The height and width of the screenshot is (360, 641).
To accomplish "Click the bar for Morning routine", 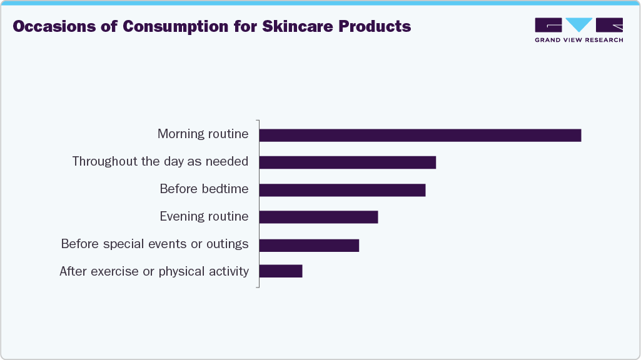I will pyautogui.click(x=420, y=135).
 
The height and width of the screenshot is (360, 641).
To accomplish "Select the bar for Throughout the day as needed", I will pyautogui.click(x=347, y=162).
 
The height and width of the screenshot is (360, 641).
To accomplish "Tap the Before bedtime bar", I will pyautogui.click(x=342, y=190).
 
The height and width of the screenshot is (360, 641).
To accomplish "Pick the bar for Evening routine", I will pyautogui.click(x=318, y=217).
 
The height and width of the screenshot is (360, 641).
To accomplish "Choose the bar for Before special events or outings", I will pyautogui.click(x=309, y=244).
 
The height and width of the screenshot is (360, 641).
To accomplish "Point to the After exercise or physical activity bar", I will pyautogui.click(x=281, y=271).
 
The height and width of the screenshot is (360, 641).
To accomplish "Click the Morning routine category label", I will pyautogui.click(x=203, y=134).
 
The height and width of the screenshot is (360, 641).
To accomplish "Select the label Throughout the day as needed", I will pyautogui.click(x=160, y=161).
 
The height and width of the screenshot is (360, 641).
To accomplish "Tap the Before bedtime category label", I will pyautogui.click(x=204, y=189).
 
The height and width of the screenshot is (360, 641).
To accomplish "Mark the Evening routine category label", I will pyautogui.click(x=204, y=216).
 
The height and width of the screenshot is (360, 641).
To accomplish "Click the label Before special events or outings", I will pyautogui.click(x=154, y=244).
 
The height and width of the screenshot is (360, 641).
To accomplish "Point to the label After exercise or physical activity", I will pyautogui.click(x=154, y=271).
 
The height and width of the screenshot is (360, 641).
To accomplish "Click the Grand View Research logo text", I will pyautogui.click(x=578, y=40).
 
